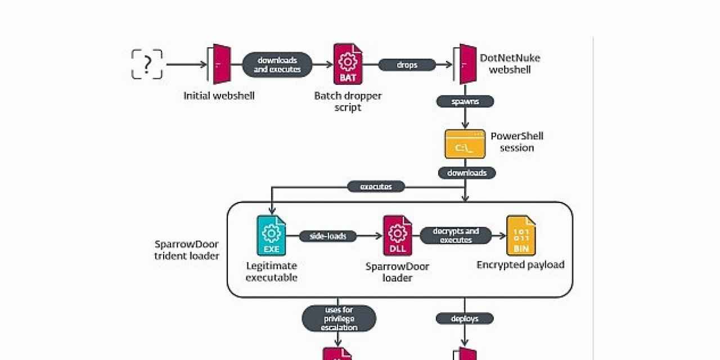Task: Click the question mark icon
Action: point(147,64)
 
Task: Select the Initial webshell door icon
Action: point(221,64)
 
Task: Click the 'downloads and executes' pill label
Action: point(277,65)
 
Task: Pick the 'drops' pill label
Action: point(407,65)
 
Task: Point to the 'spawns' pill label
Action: point(465,101)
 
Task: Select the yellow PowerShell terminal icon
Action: point(465,144)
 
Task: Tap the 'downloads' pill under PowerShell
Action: point(467,173)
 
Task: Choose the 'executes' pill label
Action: point(376,186)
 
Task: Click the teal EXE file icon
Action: point(271,236)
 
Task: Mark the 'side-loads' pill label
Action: point(328,236)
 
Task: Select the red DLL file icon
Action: point(398,236)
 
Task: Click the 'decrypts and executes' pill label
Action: point(456,235)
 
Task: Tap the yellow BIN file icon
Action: point(521,236)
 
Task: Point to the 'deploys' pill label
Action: point(465,318)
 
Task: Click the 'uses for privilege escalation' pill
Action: point(339,318)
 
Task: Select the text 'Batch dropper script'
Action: point(348,101)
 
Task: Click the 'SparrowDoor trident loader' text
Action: point(186,250)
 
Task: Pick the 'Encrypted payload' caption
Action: point(520,264)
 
